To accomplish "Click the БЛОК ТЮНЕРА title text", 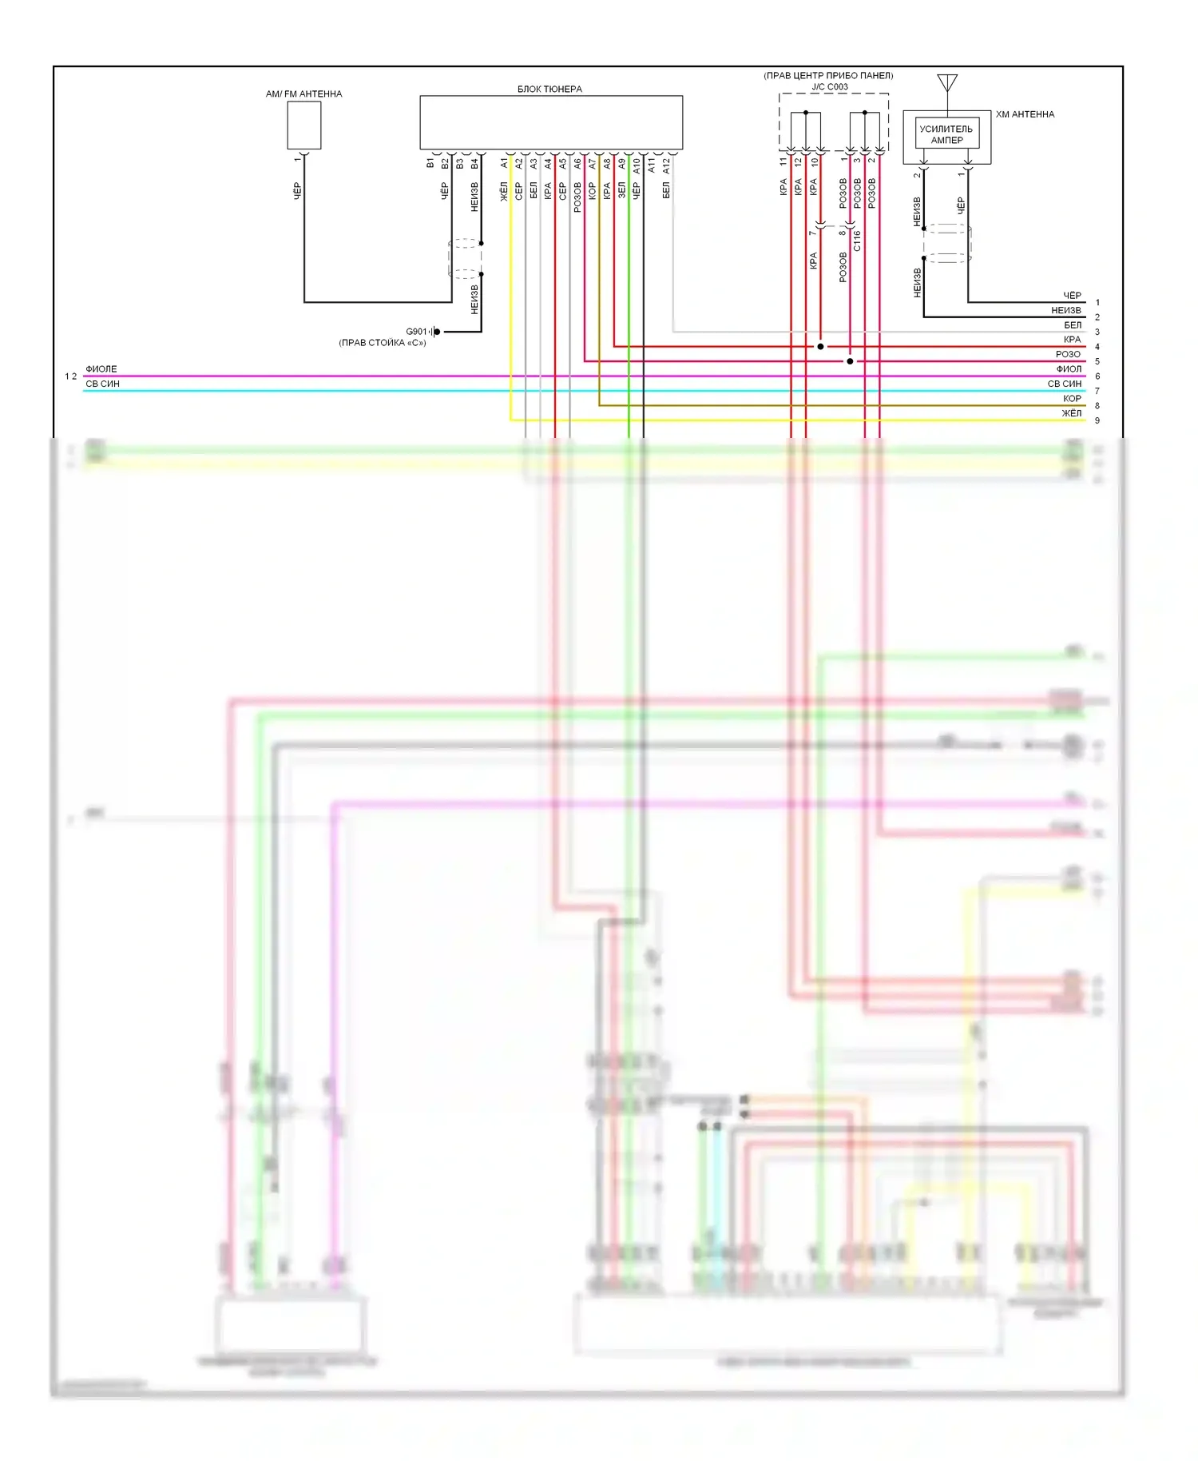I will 549,90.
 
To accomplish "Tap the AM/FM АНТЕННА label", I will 303,94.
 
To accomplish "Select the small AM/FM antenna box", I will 304,125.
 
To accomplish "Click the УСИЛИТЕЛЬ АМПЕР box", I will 946,134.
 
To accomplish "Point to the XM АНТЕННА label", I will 1025,114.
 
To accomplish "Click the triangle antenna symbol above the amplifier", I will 947,82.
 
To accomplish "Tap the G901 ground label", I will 417,332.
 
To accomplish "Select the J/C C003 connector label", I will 830,87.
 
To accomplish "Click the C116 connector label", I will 857,241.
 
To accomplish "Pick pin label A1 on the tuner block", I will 504,163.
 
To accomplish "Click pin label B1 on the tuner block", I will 430,163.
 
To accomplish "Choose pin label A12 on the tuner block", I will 666,165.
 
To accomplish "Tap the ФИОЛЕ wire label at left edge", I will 101,369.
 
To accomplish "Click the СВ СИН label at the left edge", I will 103,384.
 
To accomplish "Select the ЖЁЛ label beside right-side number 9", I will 1071,413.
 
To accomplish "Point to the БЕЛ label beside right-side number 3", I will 1073,325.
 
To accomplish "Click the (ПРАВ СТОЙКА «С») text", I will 383,343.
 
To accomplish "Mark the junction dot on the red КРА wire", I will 820,347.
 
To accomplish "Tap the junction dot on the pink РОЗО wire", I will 850,361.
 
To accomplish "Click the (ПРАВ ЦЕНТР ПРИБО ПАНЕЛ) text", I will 828,76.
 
